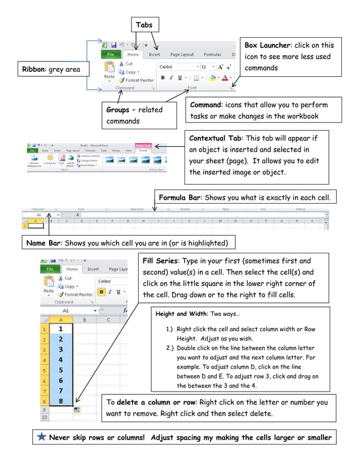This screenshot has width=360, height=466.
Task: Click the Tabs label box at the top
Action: click(144, 24)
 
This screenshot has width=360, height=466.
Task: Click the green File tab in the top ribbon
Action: click(111, 55)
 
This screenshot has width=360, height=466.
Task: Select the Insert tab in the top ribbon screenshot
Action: click(154, 55)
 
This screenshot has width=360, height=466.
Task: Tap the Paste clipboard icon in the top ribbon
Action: click(109, 69)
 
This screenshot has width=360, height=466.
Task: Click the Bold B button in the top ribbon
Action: click(163, 78)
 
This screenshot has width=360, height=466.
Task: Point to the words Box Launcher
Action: click(268, 45)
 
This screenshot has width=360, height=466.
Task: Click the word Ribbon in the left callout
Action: click(34, 69)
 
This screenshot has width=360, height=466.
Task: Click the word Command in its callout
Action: click(208, 105)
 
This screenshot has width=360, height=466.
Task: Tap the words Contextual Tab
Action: click(216, 138)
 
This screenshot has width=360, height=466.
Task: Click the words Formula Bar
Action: click(179, 197)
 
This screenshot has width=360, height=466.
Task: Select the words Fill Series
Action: click(161, 261)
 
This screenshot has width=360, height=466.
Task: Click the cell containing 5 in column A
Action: click(61, 369)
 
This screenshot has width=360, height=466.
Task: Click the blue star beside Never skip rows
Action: click(42, 437)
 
